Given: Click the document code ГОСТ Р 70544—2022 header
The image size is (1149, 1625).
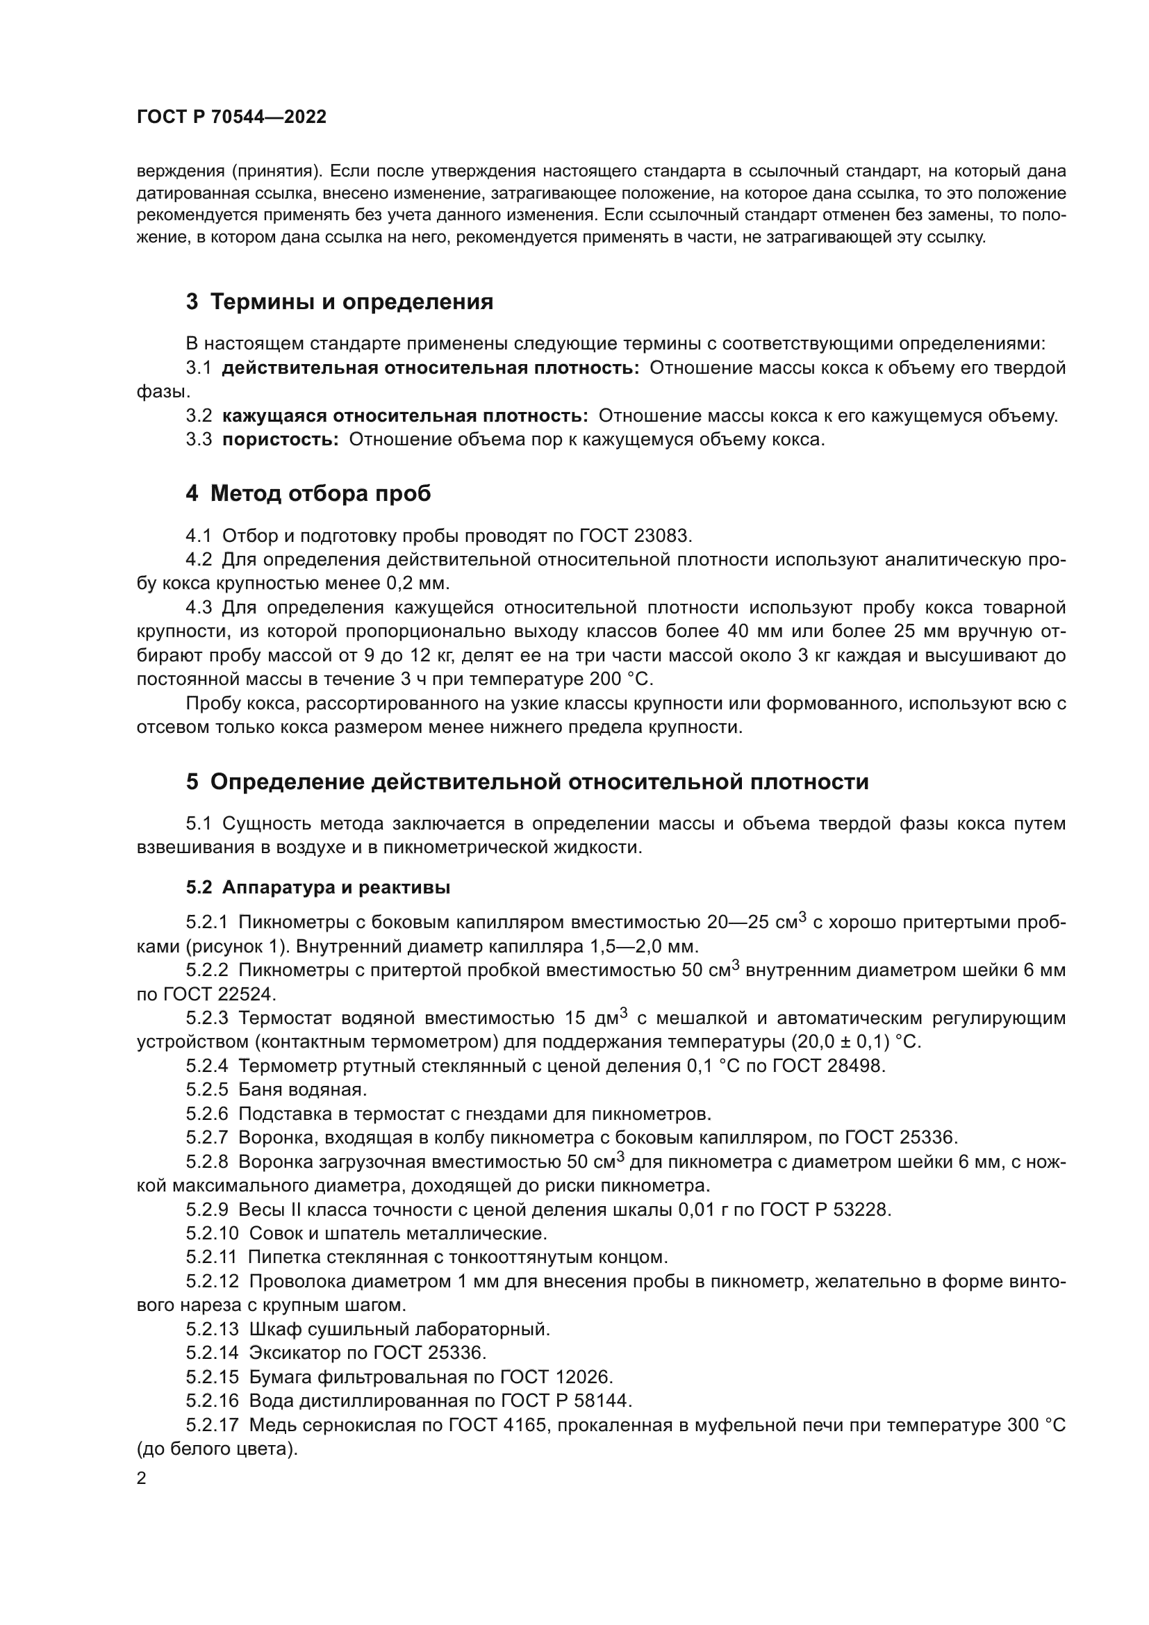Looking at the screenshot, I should pos(231,117).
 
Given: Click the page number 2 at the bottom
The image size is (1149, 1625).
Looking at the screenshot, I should pos(142,1478).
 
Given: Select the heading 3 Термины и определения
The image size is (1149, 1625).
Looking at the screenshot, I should pos(340,302).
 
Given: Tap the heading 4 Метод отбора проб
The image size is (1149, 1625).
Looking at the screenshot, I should pos(308,493).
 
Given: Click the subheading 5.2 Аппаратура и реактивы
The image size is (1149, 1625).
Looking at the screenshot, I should pos(318,887).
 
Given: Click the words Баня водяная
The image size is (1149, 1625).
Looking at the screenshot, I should pos(303,1090).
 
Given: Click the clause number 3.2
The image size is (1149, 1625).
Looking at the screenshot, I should pos(199,416).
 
